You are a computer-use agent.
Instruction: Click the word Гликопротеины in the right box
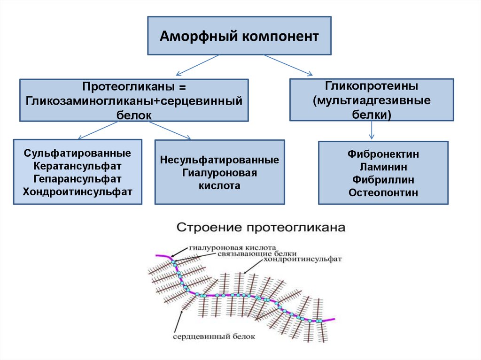click(x=372, y=87)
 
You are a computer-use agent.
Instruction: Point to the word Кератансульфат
click(x=78, y=166)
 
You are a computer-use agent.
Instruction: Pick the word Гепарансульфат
click(x=78, y=179)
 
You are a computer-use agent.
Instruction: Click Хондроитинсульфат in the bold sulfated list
click(x=78, y=191)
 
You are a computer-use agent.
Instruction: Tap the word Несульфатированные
click(x=219, y=160)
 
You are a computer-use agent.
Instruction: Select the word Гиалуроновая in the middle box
click(x=219, y=173)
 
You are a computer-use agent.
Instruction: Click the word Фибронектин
click(x=383, y=154)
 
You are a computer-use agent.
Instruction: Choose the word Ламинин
click(x=383, y=167)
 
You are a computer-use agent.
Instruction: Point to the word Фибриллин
click(x=383, y=179)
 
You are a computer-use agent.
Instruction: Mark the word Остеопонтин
click(x=383, y=192)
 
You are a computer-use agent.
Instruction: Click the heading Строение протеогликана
click(x=261, y=229)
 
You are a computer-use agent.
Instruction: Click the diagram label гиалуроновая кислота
click(x=233, y=247)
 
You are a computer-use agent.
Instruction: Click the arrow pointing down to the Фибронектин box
click(x=372, y=130)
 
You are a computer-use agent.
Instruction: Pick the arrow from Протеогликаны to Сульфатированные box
click(x=98, y=130)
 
